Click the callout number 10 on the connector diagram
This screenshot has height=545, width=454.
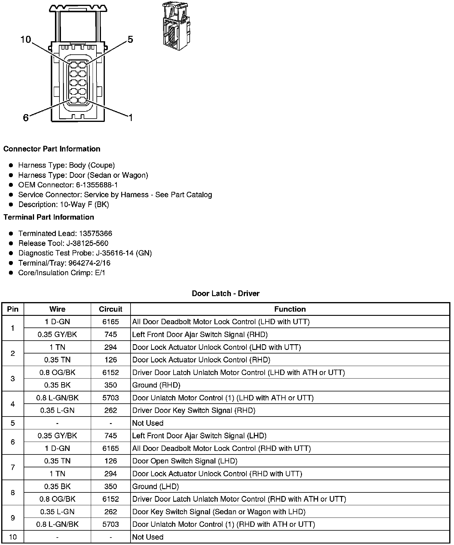[26, 39]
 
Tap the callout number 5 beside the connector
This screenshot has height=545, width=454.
[130, 39]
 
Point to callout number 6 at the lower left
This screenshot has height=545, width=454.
[26, 118]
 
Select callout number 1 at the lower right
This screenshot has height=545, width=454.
[130, 118]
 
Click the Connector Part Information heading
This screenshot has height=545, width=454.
[52, 149]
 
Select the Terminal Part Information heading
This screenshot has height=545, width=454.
[49, 217]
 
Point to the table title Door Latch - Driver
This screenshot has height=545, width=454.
[226, 293]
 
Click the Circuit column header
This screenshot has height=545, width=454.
[111, 309]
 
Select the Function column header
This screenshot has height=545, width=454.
[290, 309]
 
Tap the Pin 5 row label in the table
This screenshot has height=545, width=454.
[13, 423]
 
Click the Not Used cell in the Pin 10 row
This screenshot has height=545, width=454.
[148, 537]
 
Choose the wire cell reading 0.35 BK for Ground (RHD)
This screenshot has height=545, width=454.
[57, 385]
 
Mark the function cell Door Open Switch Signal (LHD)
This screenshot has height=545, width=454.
[185, 461]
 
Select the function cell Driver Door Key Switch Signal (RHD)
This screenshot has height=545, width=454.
[194, 411]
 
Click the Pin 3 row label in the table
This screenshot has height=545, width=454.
[13, 379]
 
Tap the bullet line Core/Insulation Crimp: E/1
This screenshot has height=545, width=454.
[62, 273]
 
